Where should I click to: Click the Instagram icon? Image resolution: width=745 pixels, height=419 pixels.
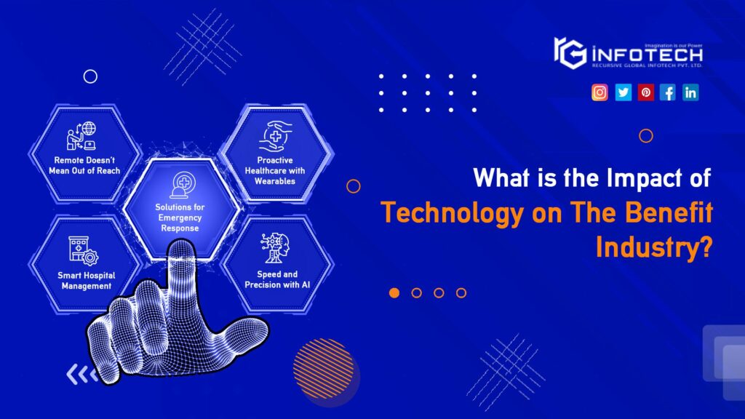pyautogui.click(x=599, y=92)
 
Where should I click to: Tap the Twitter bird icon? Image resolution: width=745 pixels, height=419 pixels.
pyautogui.click(x=623, y=92)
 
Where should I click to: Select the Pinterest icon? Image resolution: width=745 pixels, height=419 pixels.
pyautogui.click(x=645, y=92)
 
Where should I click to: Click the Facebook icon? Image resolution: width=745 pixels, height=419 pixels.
pyautogui.click(x=668, y=92)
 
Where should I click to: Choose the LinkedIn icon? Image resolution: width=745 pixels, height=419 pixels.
pyautogui.click(x=690, y=92)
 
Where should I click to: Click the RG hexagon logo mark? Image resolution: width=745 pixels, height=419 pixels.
pyautogui.click(x=570, y=52)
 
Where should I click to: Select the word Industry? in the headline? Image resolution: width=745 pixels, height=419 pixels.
pyautogui.click(x=653, y=247)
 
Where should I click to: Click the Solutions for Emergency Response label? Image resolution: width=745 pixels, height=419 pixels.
pyautogui.click(x=180, y=218)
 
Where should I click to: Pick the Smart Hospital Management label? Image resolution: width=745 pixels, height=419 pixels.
pyautogui.click(x=87, y=280)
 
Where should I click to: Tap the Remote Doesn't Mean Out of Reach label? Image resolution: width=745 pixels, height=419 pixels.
pyautogui.click(x=87, y=165)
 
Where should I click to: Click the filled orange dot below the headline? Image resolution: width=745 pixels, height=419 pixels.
pyautogui.click(x=394, y=292)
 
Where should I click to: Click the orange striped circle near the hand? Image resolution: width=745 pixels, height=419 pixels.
pyautogui.click(x=324, y=368)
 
